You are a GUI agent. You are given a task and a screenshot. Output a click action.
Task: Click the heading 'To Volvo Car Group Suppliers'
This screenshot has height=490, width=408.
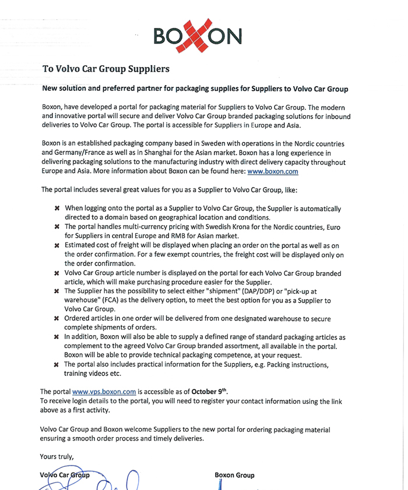[106, 69]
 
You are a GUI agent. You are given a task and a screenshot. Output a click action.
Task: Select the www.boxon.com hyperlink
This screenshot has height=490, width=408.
[274, 172]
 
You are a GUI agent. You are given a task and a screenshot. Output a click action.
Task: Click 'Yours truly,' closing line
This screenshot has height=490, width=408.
[57, 456]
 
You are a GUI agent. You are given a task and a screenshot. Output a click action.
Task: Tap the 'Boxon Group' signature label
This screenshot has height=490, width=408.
[234, 475]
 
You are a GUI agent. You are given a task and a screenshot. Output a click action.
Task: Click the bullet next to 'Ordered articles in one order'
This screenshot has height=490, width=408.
[57, 319]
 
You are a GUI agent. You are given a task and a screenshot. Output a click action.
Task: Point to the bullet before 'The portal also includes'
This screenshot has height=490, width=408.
[57, 365]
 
